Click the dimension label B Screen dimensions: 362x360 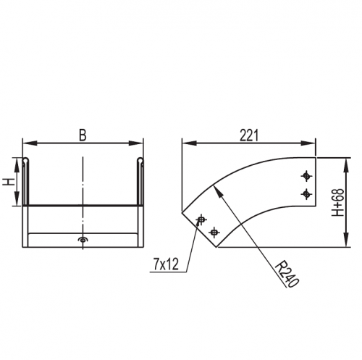[83, 135]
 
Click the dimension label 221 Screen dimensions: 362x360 [249, 135]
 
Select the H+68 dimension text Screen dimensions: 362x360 [337, 202]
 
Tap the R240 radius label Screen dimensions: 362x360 [287, 274]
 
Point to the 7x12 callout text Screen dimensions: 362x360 [167, 264]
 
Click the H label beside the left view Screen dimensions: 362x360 [9, 182]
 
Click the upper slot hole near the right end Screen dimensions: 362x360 [306, 176]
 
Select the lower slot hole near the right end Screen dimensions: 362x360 [306, 193]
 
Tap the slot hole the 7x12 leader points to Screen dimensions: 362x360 [201, 219]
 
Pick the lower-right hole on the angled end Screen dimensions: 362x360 [214, 233]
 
